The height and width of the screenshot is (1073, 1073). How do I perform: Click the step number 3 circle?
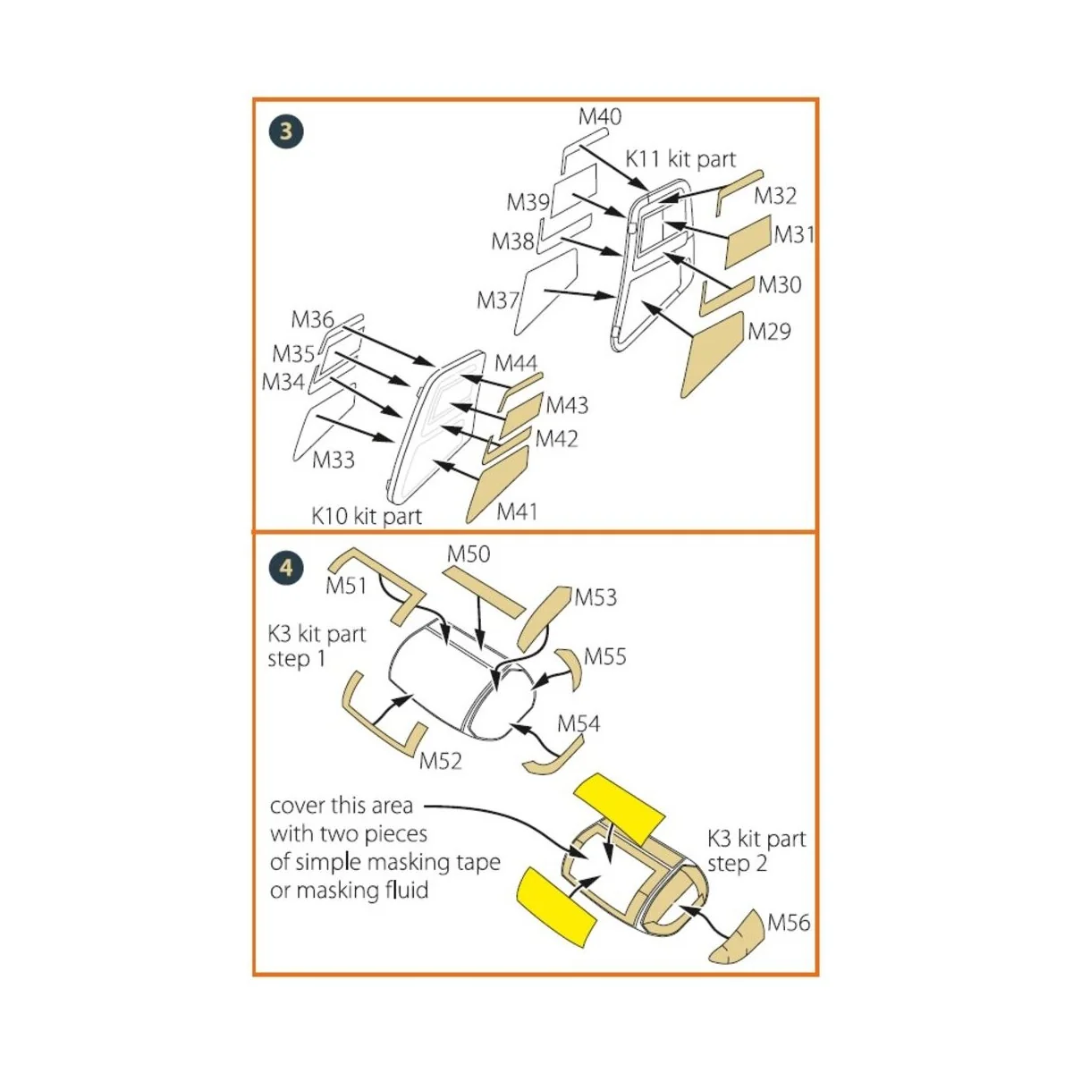tap(286, 132)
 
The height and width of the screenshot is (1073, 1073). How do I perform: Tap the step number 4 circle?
tap(286, 568)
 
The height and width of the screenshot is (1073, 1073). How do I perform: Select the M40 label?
tap(599, 116)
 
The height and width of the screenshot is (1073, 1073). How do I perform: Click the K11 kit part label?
tap(680, 159)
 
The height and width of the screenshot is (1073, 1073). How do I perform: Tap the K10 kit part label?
tap(367, 516)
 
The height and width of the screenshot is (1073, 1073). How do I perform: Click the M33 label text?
tap(334, 460)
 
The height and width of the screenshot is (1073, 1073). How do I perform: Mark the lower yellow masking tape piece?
tap(556, 905)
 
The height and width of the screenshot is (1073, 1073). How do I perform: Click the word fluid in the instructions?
tap(408, 891)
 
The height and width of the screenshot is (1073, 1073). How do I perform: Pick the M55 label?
tap(605, 656)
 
